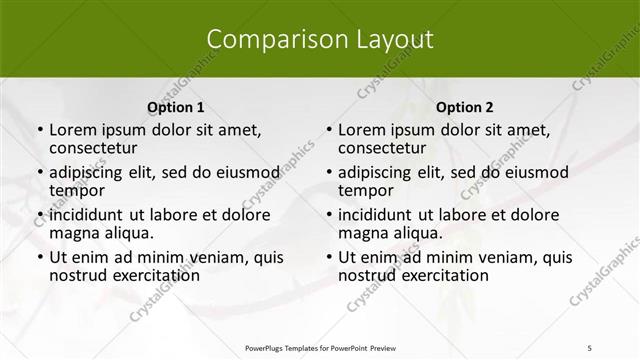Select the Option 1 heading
point(176,108)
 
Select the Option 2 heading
point(465,108)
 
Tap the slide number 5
point(590,346)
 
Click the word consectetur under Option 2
point(383,149)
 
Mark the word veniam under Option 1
point(218,258)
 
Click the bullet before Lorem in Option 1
point(40,131)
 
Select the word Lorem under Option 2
point(362,130)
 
